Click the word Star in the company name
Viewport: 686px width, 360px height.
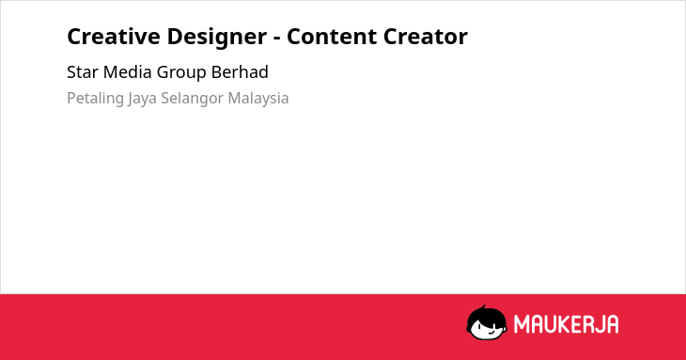(x=83, y=72)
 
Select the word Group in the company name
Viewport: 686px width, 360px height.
(x=181, y=73)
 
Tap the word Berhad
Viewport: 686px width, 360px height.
(x=240, y=72)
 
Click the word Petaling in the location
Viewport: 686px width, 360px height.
(x=95, y=99)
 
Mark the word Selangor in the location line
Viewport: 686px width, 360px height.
(x=193, y=99)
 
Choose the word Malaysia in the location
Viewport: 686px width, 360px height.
(x=258, y=99)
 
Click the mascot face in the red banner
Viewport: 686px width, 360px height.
(x=487, y=323)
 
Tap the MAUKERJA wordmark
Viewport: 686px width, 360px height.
(x=566, y=324)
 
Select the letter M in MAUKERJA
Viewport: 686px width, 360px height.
(x=521, y=324)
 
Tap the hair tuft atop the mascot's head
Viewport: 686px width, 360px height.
(x=484, y=307)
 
